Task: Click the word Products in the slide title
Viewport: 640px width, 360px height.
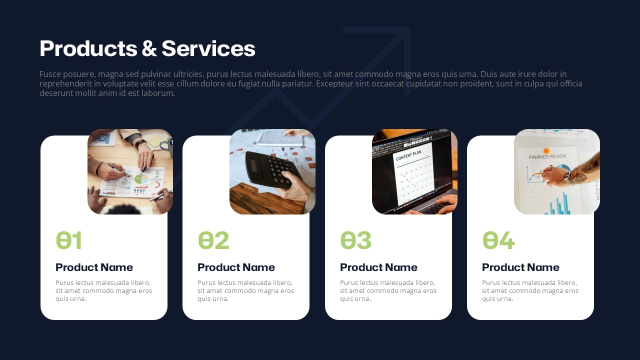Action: pos(88,48)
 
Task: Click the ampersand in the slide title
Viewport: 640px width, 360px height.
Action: pos(149,48)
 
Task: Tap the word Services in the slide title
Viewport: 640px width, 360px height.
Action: pos(208,48)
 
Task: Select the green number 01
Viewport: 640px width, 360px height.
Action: pos(69,240)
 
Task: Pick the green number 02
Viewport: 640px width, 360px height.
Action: pos(213,240)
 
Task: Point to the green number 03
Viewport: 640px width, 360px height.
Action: pos(355,240)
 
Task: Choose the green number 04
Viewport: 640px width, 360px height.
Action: pos(498,240)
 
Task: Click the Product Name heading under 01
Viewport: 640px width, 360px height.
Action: pos(94,267)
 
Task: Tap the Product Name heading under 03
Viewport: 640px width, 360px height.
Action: pos(378,267)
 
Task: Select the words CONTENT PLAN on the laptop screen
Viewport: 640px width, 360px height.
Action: pos(408,155)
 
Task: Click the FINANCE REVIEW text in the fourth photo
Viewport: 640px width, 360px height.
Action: pos(547,156)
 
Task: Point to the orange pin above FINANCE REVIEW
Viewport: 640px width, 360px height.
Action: pos(547,150)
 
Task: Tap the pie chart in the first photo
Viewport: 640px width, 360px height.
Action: pos(141,179)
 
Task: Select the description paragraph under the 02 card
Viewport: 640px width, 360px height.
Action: pos(245,290)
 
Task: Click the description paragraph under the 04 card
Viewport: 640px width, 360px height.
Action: pos(530,290)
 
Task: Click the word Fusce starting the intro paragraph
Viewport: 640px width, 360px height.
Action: pos(50,74)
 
